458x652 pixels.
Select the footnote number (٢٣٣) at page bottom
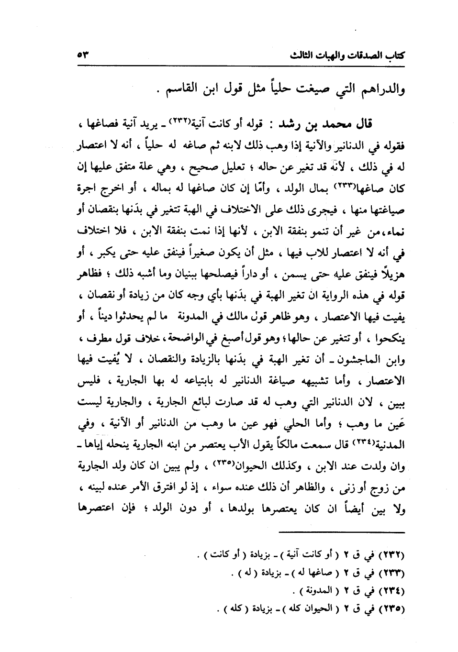(391, 573)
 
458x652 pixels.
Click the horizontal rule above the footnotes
(342, 532)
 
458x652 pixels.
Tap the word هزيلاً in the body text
(391, 277)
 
